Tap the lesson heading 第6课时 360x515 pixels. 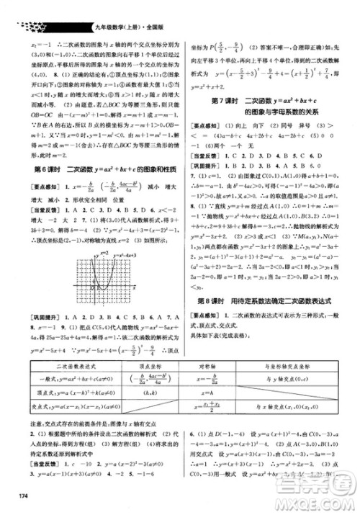(x=31, y=169)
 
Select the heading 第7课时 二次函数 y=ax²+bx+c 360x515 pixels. (x=273, y=98)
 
